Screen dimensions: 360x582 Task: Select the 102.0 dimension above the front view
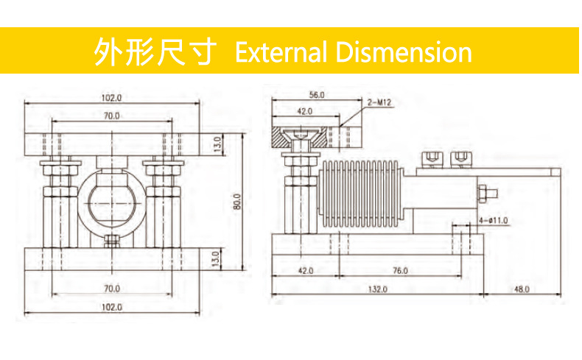(x=111, y=98)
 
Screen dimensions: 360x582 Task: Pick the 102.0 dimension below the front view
(x=111, y=306)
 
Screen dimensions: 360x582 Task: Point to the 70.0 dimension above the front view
(x=111, y=116)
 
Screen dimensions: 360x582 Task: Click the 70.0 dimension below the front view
(x=111, y=289)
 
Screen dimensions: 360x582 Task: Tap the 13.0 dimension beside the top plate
(x=217, y=141)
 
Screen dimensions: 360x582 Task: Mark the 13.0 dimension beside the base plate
(x=217, y=259)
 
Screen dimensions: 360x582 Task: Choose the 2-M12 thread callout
(x=378, y=104)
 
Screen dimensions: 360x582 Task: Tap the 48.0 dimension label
(x=521, y=289)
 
